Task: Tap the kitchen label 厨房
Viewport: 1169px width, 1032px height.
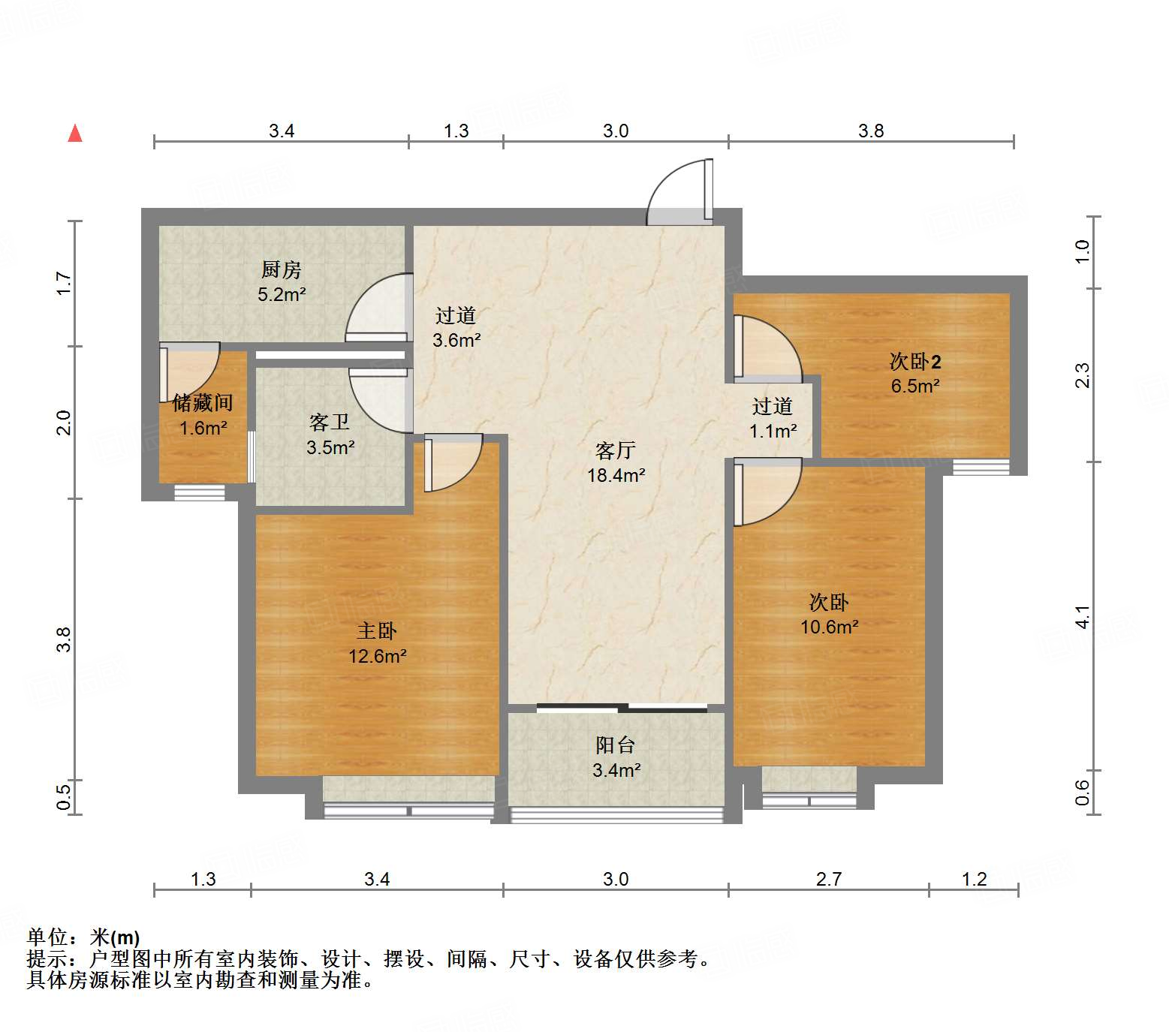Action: click(281, 269)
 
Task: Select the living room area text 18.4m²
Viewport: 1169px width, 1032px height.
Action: click(616, 475)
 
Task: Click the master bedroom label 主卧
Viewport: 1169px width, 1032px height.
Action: click(377, 631)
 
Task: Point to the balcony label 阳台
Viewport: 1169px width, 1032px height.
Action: click(616, 745)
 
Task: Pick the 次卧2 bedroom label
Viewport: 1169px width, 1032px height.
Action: click(915, 362)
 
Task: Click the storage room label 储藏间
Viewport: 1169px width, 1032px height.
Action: click(203, 403)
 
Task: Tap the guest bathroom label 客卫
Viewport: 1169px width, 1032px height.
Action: click(330, 423)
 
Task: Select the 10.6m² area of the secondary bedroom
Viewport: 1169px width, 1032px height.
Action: click(829, 627)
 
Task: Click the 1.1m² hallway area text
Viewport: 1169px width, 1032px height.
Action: click(773, 432)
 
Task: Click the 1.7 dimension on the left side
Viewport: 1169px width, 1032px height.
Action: click(64, 283)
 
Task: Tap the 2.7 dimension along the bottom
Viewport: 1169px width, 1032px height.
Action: click(829, 879)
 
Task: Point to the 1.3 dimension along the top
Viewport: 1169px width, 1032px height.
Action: click(456, 131)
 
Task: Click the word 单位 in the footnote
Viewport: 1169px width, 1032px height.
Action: click(47, 937)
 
